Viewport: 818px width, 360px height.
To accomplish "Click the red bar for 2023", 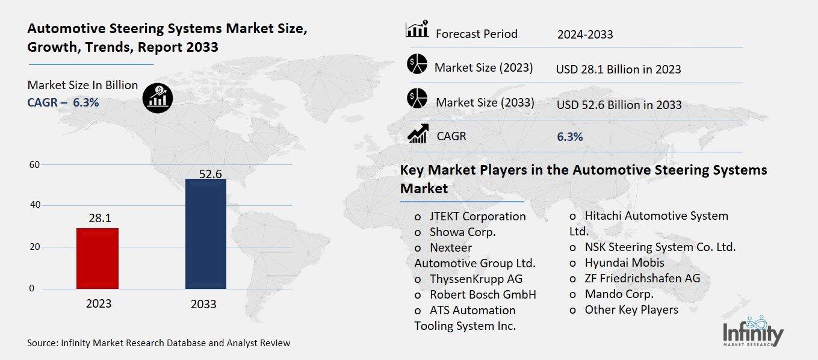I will [98, 258].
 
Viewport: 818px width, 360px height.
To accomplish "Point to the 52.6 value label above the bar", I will [211, 174].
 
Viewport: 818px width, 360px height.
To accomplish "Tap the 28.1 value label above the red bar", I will [100, 218].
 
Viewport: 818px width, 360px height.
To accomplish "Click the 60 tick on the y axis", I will [34, 165].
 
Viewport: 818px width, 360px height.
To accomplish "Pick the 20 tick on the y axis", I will [34, 247].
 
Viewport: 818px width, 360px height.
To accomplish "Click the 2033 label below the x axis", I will [203, 304].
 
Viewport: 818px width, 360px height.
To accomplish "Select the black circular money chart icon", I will [158, 98].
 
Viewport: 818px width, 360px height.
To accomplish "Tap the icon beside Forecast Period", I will [417, 29].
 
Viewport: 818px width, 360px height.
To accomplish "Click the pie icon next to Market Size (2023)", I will [417, 64].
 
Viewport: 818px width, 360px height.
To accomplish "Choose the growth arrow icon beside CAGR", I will [417, 134].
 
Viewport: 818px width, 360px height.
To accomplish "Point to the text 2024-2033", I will [585, 34].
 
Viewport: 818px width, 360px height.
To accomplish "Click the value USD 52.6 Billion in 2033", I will [619, 105].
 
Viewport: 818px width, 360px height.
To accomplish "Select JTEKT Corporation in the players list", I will [477, 216].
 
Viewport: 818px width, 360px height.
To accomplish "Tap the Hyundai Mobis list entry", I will [624, 263].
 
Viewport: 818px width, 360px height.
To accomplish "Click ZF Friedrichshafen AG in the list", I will [642, 279].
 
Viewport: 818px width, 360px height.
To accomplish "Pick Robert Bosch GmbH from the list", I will [482, 294].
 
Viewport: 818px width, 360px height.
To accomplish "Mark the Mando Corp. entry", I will [619, 294].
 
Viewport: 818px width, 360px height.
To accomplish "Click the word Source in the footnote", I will [41, 343].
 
